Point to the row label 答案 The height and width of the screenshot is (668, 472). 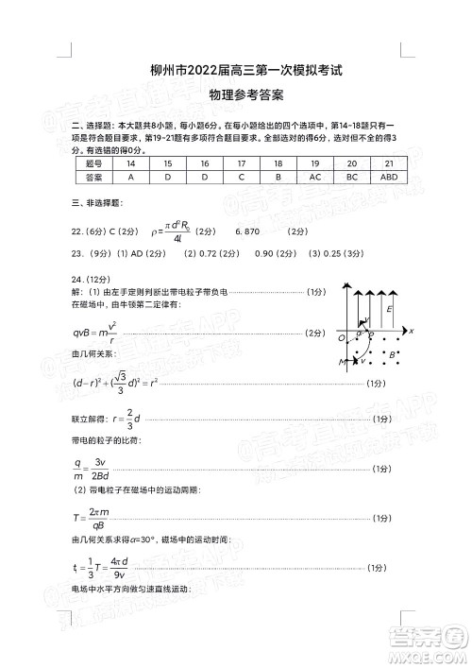[93, 177]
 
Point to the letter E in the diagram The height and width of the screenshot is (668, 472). [389, 308]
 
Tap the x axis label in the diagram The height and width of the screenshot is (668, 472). [413, 330]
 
